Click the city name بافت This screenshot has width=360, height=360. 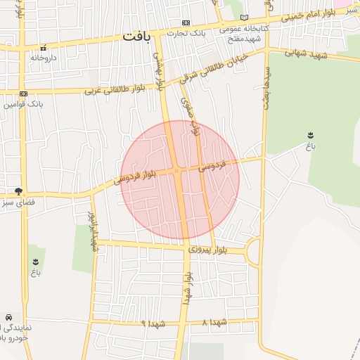(136, 36)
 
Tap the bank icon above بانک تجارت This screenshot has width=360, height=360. (186, 22)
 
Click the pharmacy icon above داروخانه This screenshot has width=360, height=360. (44, 49)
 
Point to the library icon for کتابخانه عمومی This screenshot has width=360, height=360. (244, 18)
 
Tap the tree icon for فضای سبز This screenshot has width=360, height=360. (18, 191)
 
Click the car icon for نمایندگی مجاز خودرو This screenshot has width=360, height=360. (8, 319)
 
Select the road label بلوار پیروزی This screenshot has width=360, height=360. (210, 250)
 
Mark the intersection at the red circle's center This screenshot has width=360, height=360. (180, 171)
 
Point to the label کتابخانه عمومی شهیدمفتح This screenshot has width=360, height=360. (240, 33)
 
